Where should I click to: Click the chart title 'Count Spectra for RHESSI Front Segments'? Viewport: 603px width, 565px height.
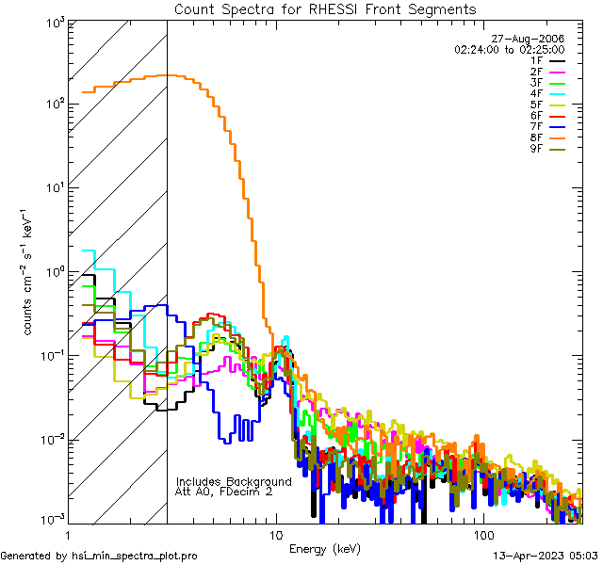[325, 9]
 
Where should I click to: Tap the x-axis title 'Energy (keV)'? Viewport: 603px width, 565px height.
[324, 547]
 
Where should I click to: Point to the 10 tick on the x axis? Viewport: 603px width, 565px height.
[275, 534]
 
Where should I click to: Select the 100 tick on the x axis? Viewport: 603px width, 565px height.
[482, 534]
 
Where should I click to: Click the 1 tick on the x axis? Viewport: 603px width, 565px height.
[68, 534]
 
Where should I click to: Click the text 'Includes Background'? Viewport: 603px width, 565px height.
[234, 481]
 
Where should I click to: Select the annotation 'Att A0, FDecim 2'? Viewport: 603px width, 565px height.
[223, 492]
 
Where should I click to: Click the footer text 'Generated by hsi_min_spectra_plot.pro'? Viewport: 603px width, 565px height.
[100, 557]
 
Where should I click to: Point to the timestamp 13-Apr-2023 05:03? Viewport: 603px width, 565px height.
[546, 557]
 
